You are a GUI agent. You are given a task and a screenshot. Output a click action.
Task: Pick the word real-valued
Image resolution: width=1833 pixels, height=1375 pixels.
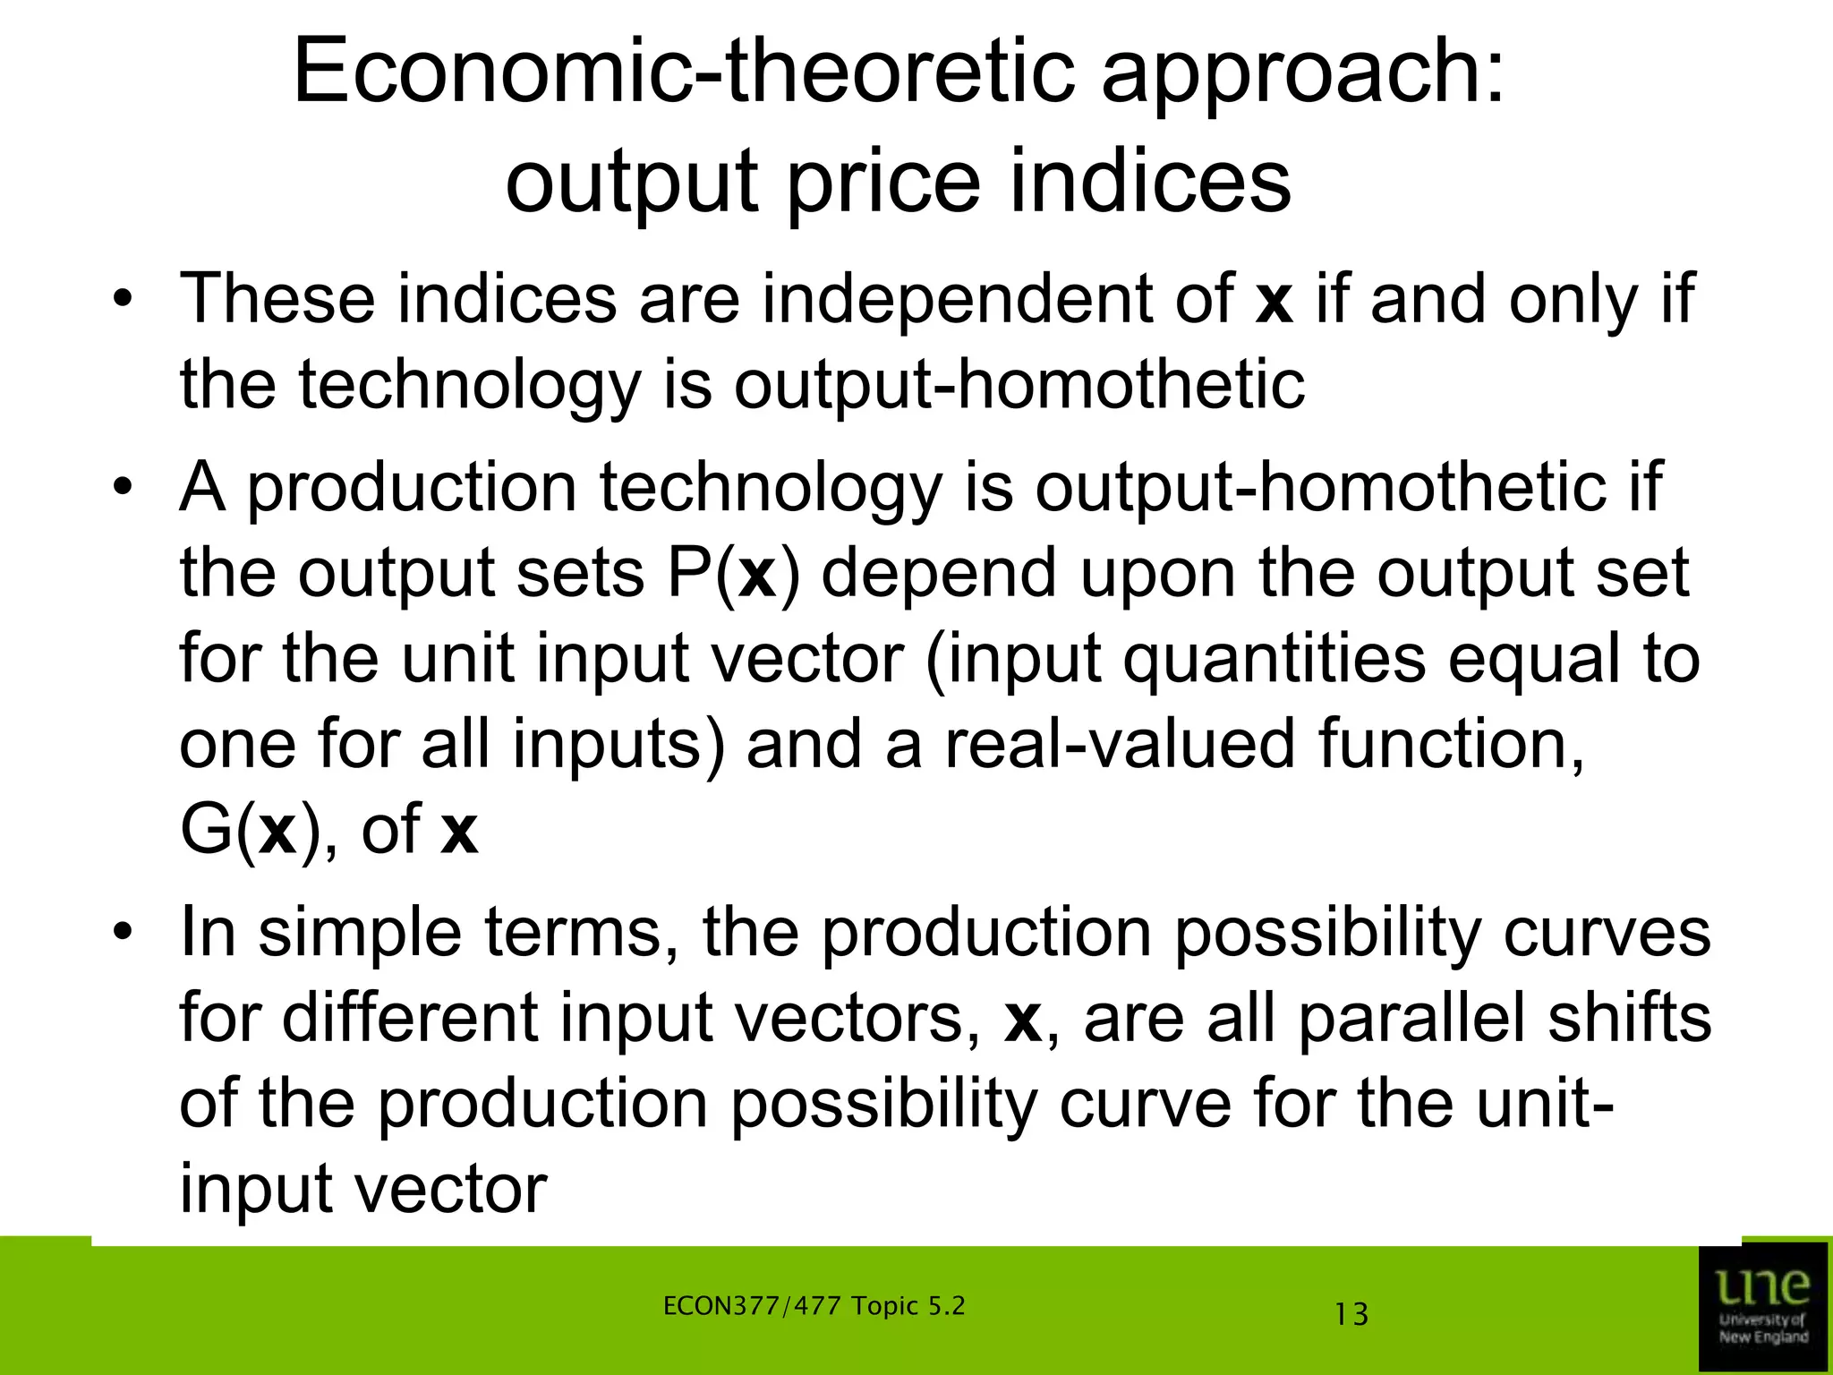(x=1119, y=746)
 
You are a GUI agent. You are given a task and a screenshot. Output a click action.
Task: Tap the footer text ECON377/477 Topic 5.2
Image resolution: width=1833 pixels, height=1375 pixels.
(x=814, y=1306)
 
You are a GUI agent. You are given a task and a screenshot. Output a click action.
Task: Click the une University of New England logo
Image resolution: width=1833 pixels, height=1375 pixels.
(x=1763, y=1307)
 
